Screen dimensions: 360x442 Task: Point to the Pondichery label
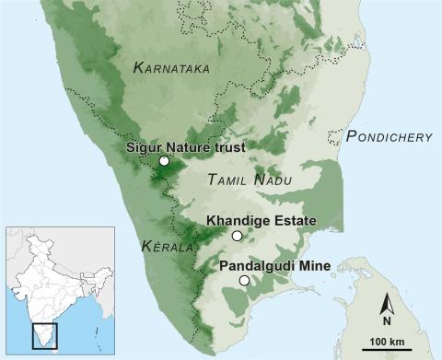pos(390,137)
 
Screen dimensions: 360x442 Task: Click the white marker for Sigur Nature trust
pos(164,161)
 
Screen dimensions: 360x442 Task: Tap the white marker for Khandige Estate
pos(237,236)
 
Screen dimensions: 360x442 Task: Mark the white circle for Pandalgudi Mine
pos(244,280)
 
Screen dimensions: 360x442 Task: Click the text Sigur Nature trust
pos(190,145)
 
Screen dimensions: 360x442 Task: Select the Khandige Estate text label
pos(262,221)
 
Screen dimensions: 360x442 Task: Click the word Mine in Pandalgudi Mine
pos(317,266)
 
